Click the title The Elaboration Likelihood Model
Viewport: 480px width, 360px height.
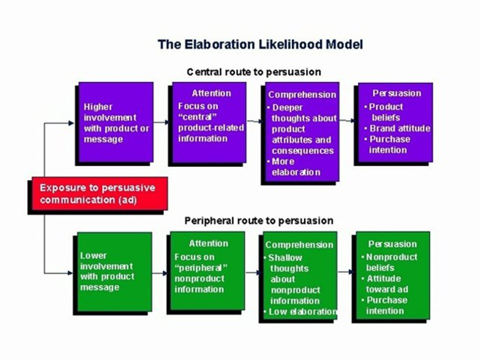260,44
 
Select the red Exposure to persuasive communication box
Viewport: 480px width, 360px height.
100,193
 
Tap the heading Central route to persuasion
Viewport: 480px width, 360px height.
254,72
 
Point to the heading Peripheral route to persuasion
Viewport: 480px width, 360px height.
258,220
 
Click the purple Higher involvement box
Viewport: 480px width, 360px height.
115,122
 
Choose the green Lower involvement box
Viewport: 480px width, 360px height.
114,271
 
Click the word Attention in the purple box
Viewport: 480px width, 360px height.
211,93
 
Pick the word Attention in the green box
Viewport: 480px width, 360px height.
208,243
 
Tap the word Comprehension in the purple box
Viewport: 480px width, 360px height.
302,94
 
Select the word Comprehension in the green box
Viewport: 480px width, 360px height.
299,244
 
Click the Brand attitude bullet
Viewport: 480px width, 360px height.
397,128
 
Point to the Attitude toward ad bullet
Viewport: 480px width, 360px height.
385,284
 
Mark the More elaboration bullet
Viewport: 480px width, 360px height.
293,167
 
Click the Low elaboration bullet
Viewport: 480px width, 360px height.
300,311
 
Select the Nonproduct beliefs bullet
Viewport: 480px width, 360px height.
389,262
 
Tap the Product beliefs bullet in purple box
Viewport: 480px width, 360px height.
383,112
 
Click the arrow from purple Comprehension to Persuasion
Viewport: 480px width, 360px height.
347,120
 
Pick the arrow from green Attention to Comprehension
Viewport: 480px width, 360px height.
252,272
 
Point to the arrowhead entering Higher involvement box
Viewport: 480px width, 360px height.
71,123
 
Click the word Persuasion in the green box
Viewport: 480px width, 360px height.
392,244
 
